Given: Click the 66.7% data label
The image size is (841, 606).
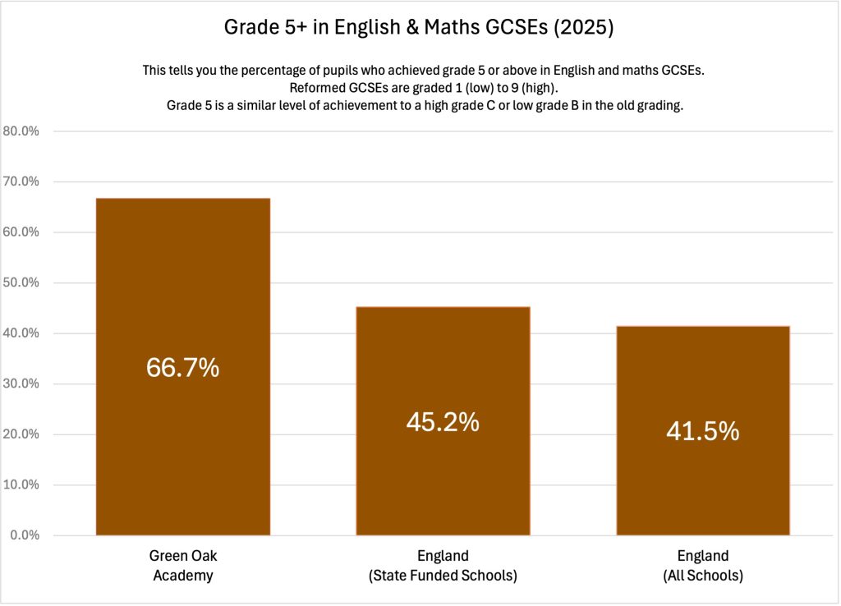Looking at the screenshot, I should [182, 368].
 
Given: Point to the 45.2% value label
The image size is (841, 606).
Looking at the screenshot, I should [443, 422].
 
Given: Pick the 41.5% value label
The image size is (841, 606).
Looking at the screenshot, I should [702, 431].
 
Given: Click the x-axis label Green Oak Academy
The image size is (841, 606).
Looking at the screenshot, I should [182, 566].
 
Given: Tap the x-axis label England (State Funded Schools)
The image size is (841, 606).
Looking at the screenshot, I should [443, 566].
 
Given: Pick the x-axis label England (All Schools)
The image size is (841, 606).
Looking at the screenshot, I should [702, 566].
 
